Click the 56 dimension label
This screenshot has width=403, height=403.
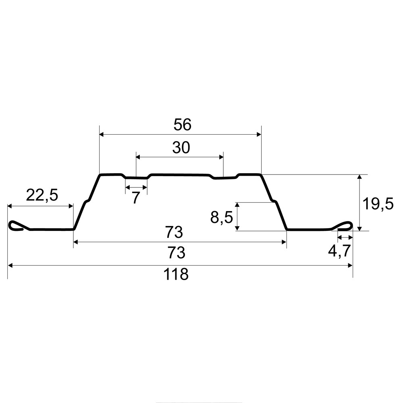183,125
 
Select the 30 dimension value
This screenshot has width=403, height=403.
181,147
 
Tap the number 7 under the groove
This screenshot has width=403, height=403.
135,197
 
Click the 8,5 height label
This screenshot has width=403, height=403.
221,218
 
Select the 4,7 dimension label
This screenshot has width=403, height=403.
339,251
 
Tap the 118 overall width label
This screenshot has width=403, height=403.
176,274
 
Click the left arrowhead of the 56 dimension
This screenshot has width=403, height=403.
102,134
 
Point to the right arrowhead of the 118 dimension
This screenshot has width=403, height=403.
350,266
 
